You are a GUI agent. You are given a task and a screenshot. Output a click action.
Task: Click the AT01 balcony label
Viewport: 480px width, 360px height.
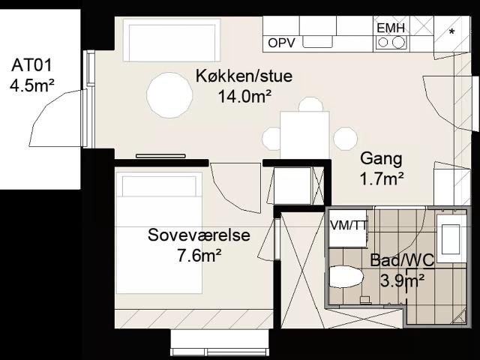pyautogui.click(x=31, y=65)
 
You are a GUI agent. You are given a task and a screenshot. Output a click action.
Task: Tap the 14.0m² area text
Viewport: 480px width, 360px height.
pyautogui.click(x=244, y=97)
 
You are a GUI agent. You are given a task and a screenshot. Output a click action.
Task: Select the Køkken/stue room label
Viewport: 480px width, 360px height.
pyautogui.click(x=244, y=76)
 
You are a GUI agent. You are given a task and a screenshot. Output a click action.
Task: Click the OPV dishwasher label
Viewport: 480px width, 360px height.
pyautogui.click(x=282, y=43)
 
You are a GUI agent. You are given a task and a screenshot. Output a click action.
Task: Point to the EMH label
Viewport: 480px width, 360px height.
pyautogui.click(x=391, y=28)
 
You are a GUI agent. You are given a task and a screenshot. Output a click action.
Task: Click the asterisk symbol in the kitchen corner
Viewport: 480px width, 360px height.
pyautogui.click(x=451, y=31)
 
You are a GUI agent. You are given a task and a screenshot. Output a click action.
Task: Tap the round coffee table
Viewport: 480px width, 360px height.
pyautogui.click(x=169, y=95)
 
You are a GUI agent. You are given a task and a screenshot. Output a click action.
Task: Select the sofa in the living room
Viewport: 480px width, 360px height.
pyautogui.click(x=172, y=40)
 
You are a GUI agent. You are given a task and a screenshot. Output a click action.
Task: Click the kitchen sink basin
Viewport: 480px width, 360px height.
pyautogui.click(x=318, y=42)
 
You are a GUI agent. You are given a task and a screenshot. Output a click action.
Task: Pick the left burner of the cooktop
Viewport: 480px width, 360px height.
pyautogui.click(x=382, y=42)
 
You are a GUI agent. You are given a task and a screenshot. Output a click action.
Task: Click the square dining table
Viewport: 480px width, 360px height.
pyautogui.click(x=305, y=135)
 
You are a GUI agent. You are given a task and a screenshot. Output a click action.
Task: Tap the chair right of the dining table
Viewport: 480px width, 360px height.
pyautogui.click(x=345, y=139)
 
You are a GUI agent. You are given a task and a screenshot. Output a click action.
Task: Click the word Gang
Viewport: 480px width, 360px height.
pyautogui.click(x=381, y=159)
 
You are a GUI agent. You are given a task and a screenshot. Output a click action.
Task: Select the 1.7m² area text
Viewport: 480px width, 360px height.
pyautogui.click(x=382, y=179)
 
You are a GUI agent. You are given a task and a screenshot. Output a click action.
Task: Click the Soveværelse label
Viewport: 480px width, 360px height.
pyautogui.click(x=199, y=235)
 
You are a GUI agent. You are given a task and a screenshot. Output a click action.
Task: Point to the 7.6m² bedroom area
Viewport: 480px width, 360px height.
pyautogui.click(x=199, y=256)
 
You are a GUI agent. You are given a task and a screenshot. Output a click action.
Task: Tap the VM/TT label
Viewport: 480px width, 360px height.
pyautogui.click(x=348, y=226)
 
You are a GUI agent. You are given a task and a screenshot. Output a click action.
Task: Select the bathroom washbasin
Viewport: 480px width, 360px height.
pyautogui.click(x=451, y=238)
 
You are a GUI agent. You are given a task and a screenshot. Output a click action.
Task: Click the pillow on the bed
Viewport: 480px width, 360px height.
pyautogui.click(x=159, y=186)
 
